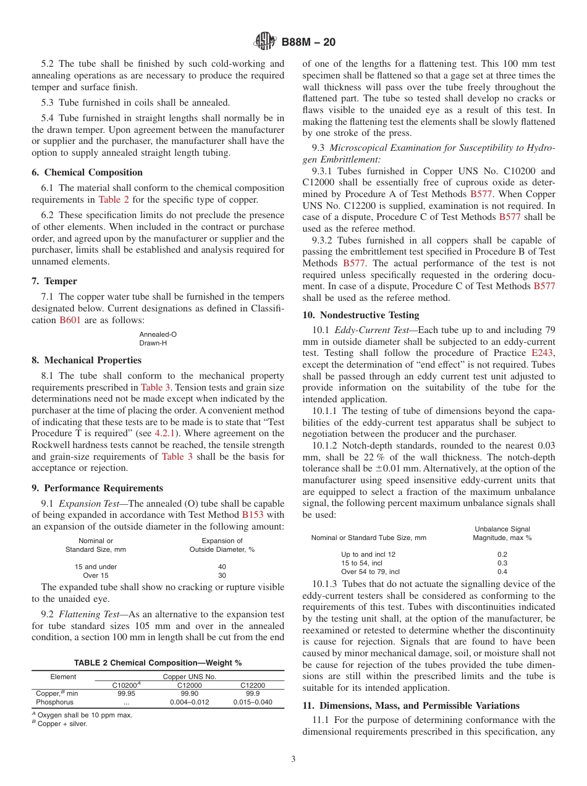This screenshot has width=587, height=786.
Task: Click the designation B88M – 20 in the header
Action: pyautogui.click(x=308, y=42)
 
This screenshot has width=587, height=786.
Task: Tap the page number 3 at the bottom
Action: pyautogui.click(x=293, y=759)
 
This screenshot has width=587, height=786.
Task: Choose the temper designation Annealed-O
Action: pyautogui.click(x=158, y=334)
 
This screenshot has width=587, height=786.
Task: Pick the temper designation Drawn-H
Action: pyautogui.click(x=153, y=343)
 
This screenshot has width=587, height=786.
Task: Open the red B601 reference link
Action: pyautogui.click(x=70, y=320)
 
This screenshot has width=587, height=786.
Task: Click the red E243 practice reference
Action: pyautogui.click(x=543, y=353)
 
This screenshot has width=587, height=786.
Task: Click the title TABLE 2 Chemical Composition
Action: pyautogui.click(x=158, y=663)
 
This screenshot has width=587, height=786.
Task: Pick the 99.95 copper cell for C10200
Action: pyautogui.click(x=126, y=694)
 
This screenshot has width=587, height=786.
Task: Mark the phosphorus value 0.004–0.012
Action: pyautogui.click(x=189, y=703)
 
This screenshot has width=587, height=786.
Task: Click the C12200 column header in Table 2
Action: pyautogui.click(x=252, y=685)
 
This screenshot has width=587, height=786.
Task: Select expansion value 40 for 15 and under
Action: pyautogui.click(x=222, y=567)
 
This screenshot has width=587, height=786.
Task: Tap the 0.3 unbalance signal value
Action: pyautogui.click(x=502, y=563)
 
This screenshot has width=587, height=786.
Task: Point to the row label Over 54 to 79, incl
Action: pyautogui.click(x=370, y=572)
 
